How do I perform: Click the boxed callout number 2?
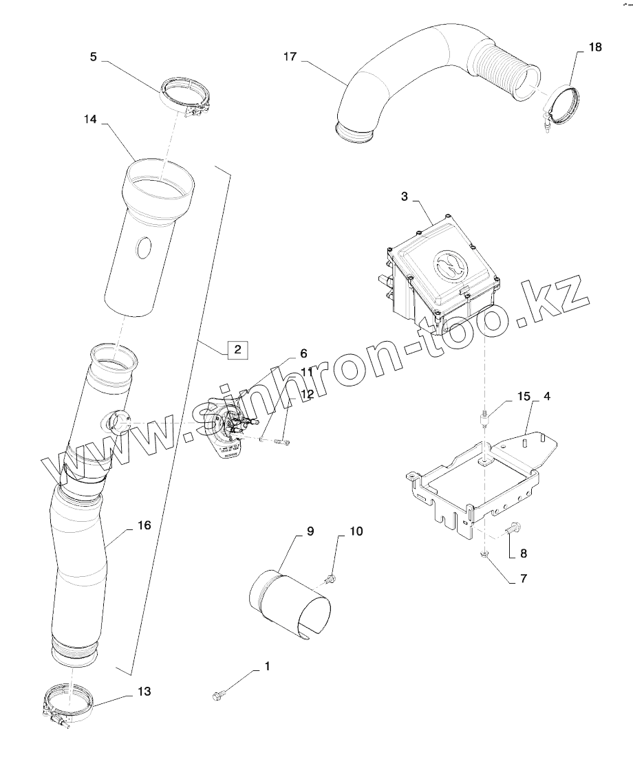[x=237, y=350]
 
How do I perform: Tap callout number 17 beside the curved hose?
[x=290, y=57]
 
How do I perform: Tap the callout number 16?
[x=144, y=525]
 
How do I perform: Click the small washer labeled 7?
[x=486, y=554]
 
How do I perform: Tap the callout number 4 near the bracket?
[x=546, y=397]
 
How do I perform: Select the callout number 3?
[x=405, y=196]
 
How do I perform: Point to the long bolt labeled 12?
[x=279, y=442]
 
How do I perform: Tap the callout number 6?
[x=303, y=354]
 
